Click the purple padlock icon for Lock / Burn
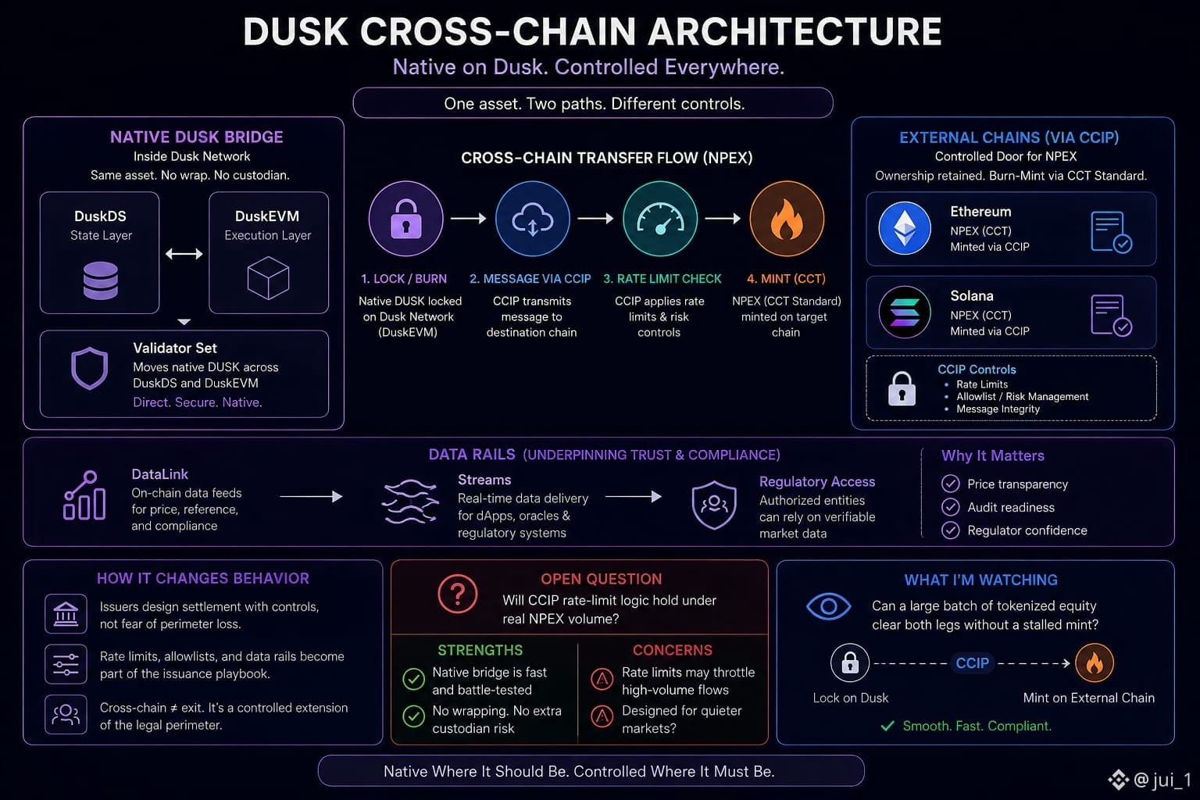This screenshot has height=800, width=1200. pos(405,219)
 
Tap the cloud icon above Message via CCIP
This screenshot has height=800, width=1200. pos(533,219)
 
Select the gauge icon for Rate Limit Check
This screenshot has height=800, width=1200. pos(660,219)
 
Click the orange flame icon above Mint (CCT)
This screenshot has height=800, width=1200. pos(787,219)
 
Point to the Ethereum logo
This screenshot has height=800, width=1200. pos(904,228)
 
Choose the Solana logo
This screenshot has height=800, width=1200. pos(904,312)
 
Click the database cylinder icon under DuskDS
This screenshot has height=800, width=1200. pos(100,280)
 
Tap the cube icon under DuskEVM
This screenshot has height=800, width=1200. pos(268,277)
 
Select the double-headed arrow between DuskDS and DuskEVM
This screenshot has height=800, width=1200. pos(184,253)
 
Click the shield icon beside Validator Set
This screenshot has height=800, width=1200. pos(90,368)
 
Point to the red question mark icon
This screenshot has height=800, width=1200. pos(457,594)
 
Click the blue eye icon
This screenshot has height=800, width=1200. pos(828,606)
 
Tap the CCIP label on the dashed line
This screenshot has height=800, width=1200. pos(973,662)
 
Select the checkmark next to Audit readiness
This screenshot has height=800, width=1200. pos(950,506)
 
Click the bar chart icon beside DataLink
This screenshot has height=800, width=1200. pos(84,495)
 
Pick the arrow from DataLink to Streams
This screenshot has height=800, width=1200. pos(311,497)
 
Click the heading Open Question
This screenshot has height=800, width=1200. pos(601,579)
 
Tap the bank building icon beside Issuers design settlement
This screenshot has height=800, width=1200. pos(66,613)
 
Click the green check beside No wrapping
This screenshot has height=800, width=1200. pos(413,716)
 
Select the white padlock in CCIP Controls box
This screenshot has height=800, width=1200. pos(902,388)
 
